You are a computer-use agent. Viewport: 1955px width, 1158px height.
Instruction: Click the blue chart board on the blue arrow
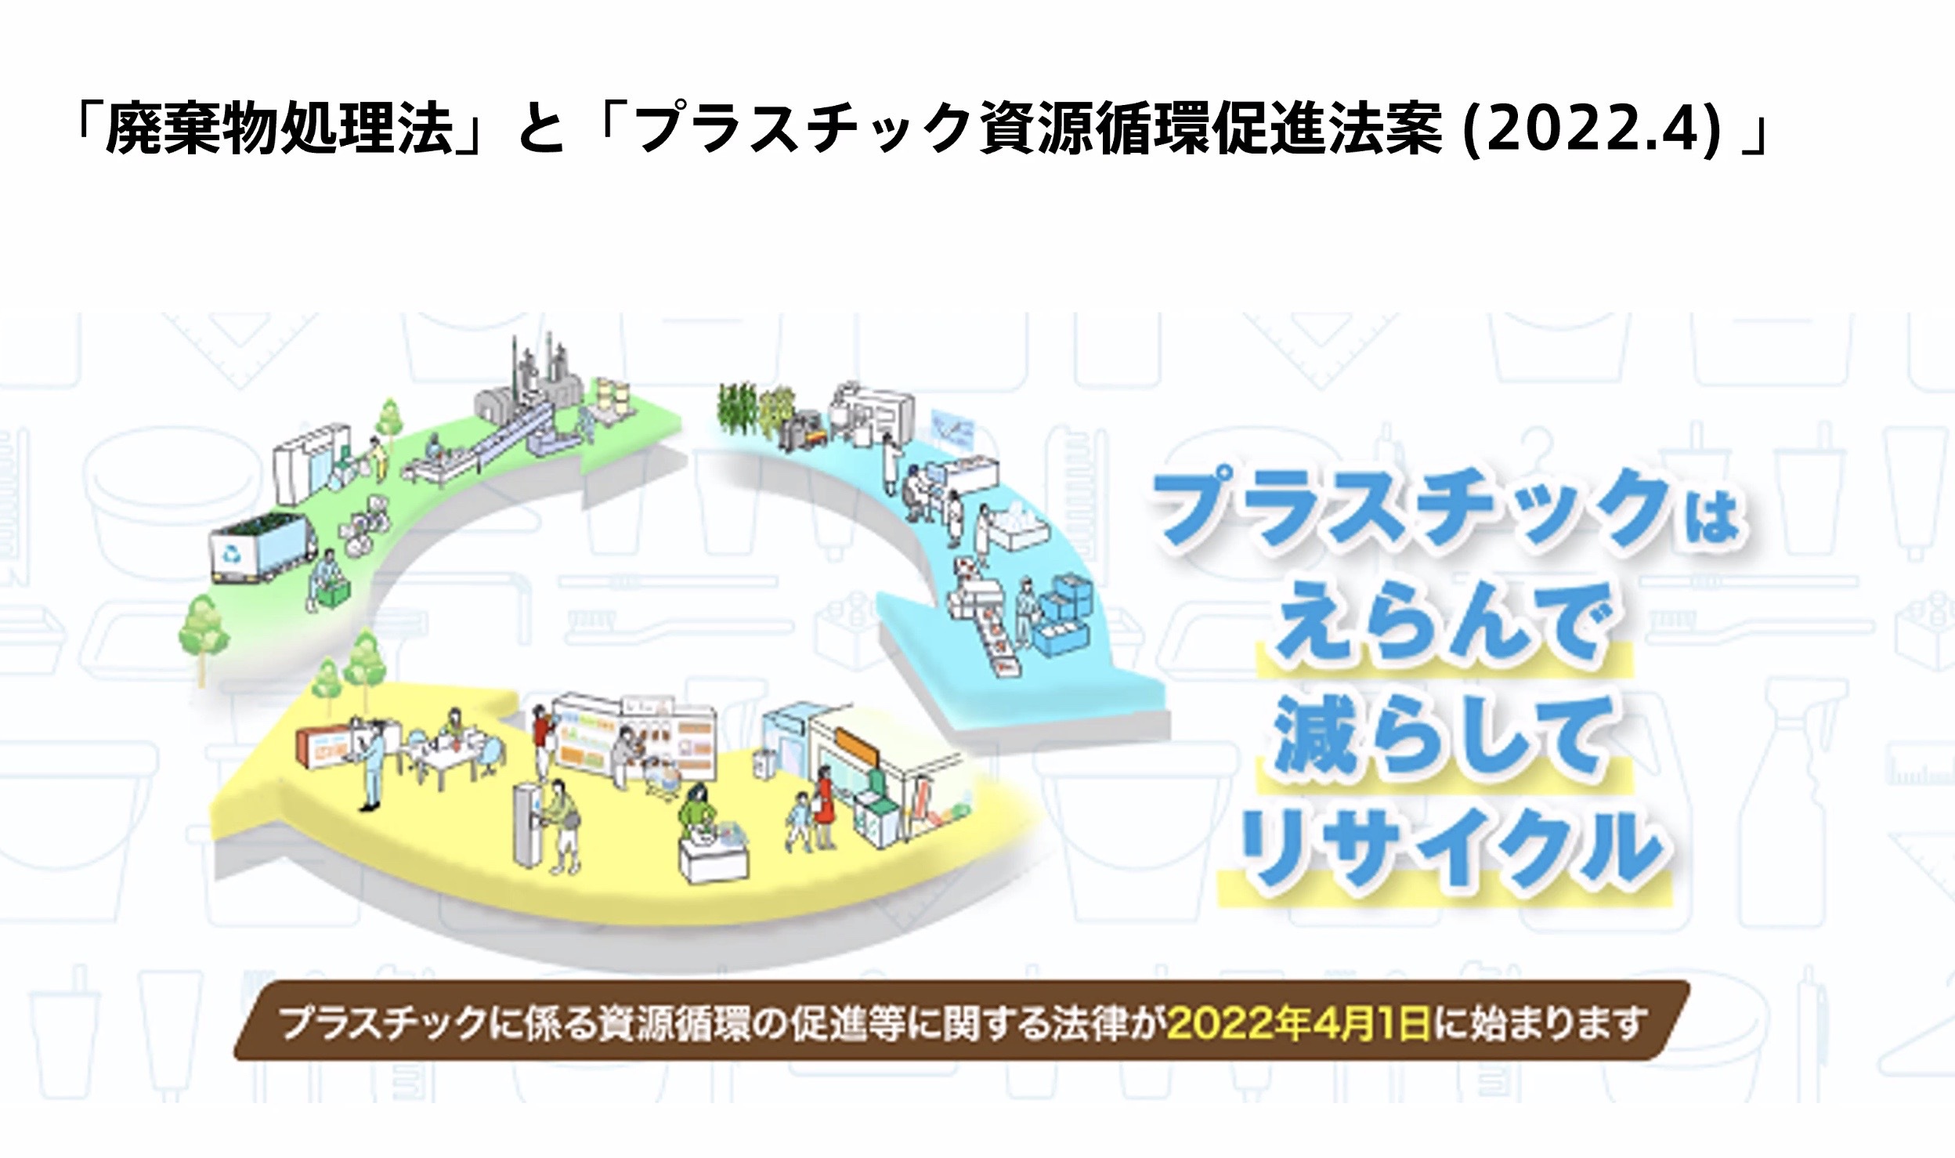[x=951, y=432]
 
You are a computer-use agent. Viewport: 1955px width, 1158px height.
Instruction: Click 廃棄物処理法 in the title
[x=281, y=129]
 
